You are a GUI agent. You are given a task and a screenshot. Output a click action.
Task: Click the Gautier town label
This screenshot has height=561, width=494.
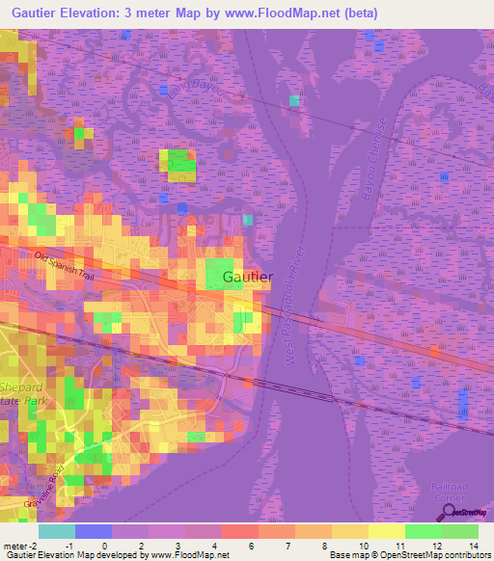click(x=248, y=277)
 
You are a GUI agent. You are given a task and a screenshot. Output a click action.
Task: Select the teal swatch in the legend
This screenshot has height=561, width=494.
click(x=56, y=531)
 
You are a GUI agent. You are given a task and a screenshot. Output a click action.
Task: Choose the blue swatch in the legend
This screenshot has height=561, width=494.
click(x=93, y=531)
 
